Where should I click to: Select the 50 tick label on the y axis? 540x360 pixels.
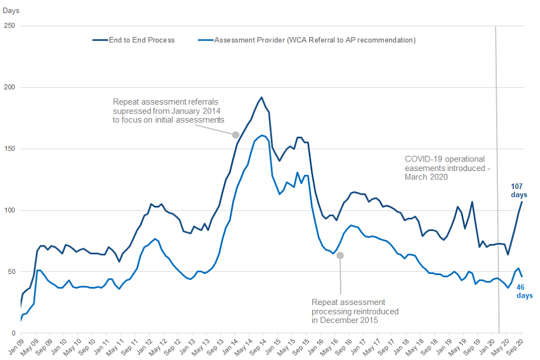11,272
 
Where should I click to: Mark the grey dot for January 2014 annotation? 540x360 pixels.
236,135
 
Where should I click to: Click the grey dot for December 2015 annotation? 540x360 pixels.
340,255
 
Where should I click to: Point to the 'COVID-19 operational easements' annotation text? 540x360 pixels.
444,168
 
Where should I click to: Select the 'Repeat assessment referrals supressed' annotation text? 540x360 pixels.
168,111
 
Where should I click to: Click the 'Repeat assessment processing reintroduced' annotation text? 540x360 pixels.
355,311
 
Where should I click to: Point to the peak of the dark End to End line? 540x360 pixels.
262,97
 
